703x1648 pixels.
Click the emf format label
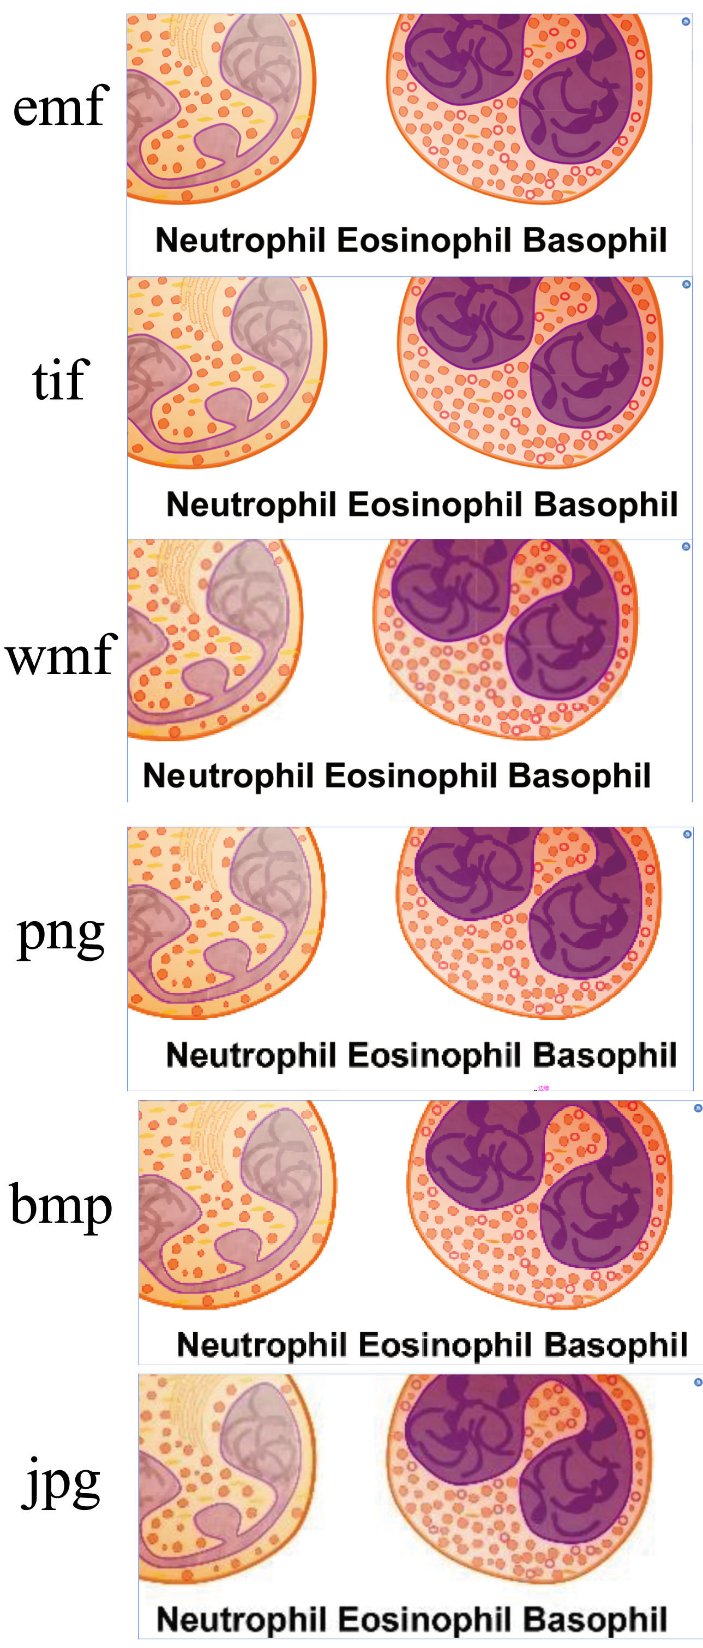[x=61, y=106]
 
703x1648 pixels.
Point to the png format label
[x=61, y=934]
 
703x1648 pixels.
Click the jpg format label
[x=61, y=1482]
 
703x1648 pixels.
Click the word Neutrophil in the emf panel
[x=241, y=240]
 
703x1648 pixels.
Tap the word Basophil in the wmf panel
[x=580, y=776]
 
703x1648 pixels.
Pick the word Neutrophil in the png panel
[x=251, y=1055]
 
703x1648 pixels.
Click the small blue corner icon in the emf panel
[x=686, y=22]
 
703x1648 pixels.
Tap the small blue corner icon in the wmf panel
[x=686, y=546]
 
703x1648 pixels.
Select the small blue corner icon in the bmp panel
[x=698, y=1108]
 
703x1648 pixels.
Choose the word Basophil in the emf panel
[x=595, y=240]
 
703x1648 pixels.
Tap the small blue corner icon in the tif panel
[x=687, y=284]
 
